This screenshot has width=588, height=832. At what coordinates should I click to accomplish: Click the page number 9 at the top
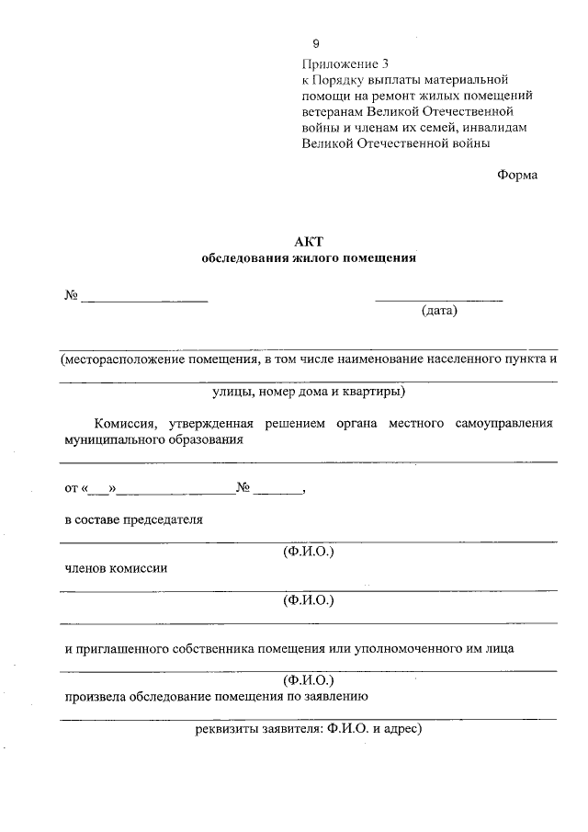(x=315, y=44)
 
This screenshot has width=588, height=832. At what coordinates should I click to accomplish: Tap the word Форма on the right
(x=517, y=176)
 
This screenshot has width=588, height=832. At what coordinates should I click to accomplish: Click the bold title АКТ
(x=308, y=242)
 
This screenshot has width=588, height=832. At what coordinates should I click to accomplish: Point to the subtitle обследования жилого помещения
(x=309, y=258)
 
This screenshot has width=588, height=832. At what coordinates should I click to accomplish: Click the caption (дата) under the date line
(x=439, y=311)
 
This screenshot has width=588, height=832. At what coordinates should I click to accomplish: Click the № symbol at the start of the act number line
(x=71, y=295)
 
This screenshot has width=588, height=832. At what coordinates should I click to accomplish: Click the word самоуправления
(x=501, y=423)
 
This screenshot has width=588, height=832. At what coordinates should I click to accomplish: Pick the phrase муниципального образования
(x=153, y=439)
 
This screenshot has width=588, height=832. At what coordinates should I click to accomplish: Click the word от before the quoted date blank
(x=71, y=488)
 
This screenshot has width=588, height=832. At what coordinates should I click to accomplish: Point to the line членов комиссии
(x=116, y=568)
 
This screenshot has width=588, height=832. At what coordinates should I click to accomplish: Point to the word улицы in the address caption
(x=232, y=393)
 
